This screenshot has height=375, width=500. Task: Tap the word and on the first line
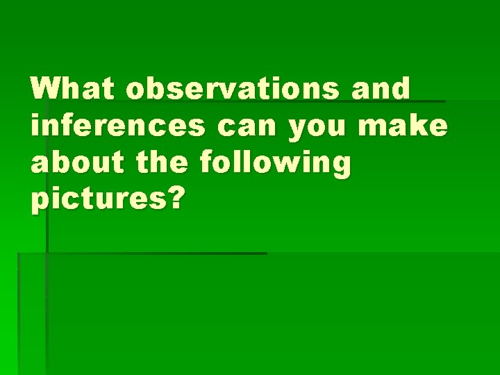click(x=381, y=90)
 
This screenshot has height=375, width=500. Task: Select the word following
click(x=275, y=165)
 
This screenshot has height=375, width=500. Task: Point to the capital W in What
click(x=46, y=90)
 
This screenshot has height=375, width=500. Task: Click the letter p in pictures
click(x=40, y=203)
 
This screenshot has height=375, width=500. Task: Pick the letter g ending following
click(x=340, y=168)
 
